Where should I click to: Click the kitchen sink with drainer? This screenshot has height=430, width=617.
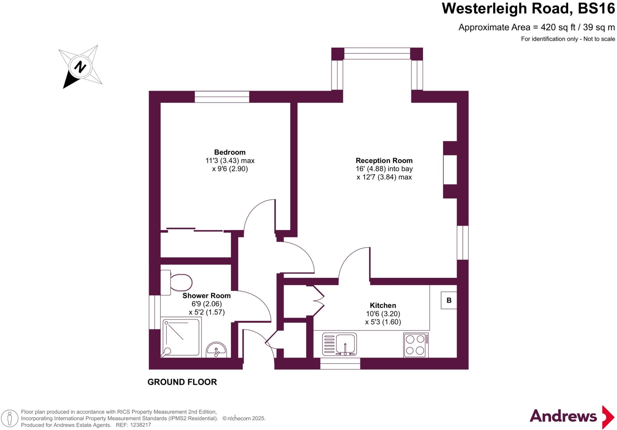coord(340,344)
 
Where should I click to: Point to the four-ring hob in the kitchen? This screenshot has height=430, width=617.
coord(415,345)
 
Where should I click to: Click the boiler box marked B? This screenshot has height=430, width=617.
coord(449,300)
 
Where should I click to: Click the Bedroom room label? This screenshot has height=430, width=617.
coord(230,152)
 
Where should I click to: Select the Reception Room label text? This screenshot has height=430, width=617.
coord(384,161)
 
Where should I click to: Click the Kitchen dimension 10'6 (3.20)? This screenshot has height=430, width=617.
coord(383,314)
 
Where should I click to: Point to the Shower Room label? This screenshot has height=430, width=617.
coord(206,296)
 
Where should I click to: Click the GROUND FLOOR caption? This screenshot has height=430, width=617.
coord(182,382)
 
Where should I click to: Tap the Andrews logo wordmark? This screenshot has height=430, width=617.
coord(563,416)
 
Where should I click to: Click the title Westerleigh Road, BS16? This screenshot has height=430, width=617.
coord(528,8)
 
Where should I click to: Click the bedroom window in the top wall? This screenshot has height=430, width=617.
coord(222,97)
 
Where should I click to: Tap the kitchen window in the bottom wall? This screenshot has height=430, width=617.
coord(340,364)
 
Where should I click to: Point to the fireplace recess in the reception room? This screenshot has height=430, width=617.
coord(450,170)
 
